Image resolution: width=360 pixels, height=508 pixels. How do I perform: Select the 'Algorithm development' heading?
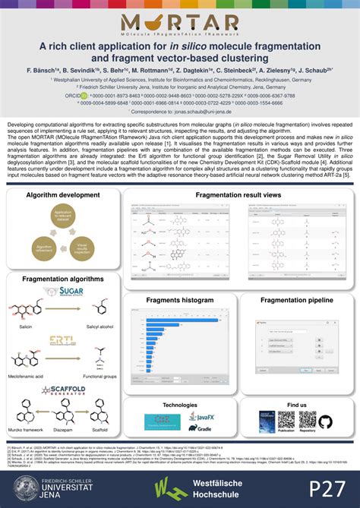point(63,195)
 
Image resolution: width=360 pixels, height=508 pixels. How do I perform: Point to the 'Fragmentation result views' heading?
point(238,195)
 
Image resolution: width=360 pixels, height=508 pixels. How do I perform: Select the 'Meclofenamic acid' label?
point(29,377)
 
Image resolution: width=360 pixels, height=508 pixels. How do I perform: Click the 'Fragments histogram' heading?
point(181,301)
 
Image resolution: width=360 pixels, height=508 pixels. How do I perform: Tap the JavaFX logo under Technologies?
point(206,417)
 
